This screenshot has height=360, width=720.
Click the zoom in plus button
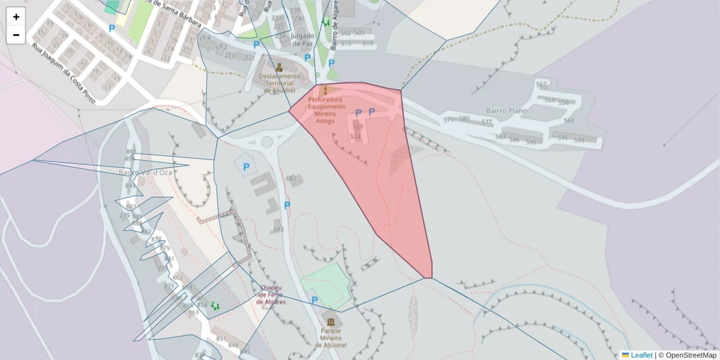[16, 17]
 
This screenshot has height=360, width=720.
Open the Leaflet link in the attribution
[641, 355]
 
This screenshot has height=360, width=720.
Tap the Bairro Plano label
[508, 111]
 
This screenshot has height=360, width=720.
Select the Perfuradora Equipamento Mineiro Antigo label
[325, 110]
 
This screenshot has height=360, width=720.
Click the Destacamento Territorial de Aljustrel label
[279, 83]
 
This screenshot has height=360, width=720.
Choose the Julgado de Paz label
[302, 39]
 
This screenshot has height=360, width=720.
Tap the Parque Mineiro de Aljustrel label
[331, 338]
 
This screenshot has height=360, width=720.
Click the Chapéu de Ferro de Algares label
[271, 295]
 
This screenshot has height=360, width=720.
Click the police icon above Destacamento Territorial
[279, 67]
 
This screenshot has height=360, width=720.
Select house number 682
[292, 178]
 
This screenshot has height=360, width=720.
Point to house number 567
[542, 85]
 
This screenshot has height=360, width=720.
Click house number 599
[579, 140]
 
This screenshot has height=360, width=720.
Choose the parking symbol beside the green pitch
[314, 300]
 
